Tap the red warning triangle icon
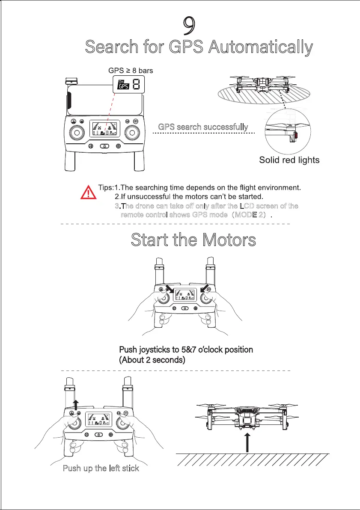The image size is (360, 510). coord(89,193)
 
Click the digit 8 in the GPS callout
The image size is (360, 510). coord(136,85)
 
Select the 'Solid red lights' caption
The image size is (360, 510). coord(289,160)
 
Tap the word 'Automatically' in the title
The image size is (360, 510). coord(260,47)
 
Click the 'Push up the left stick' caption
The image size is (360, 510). coord(101,468)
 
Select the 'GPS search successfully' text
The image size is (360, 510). coord(203,127)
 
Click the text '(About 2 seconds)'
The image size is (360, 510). coord(152,360)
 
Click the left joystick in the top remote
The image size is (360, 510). coord(77,133)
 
